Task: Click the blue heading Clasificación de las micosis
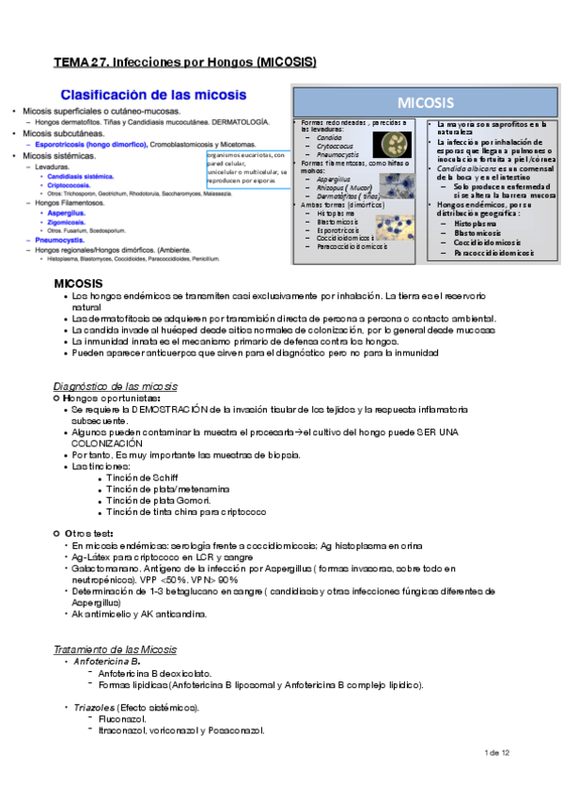pyautogui.click(x=154, y=95)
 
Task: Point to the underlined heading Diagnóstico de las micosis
pyautogui.click(x=116, y=387)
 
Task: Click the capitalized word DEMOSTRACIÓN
pyautogui.click(x=160, y=411)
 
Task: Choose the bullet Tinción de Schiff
pyautogui.click(x=144, y=478)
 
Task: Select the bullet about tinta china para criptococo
pyautogui.click(x=186, y=512)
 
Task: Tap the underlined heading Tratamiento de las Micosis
pyautogui.click(x=115, y=650)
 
